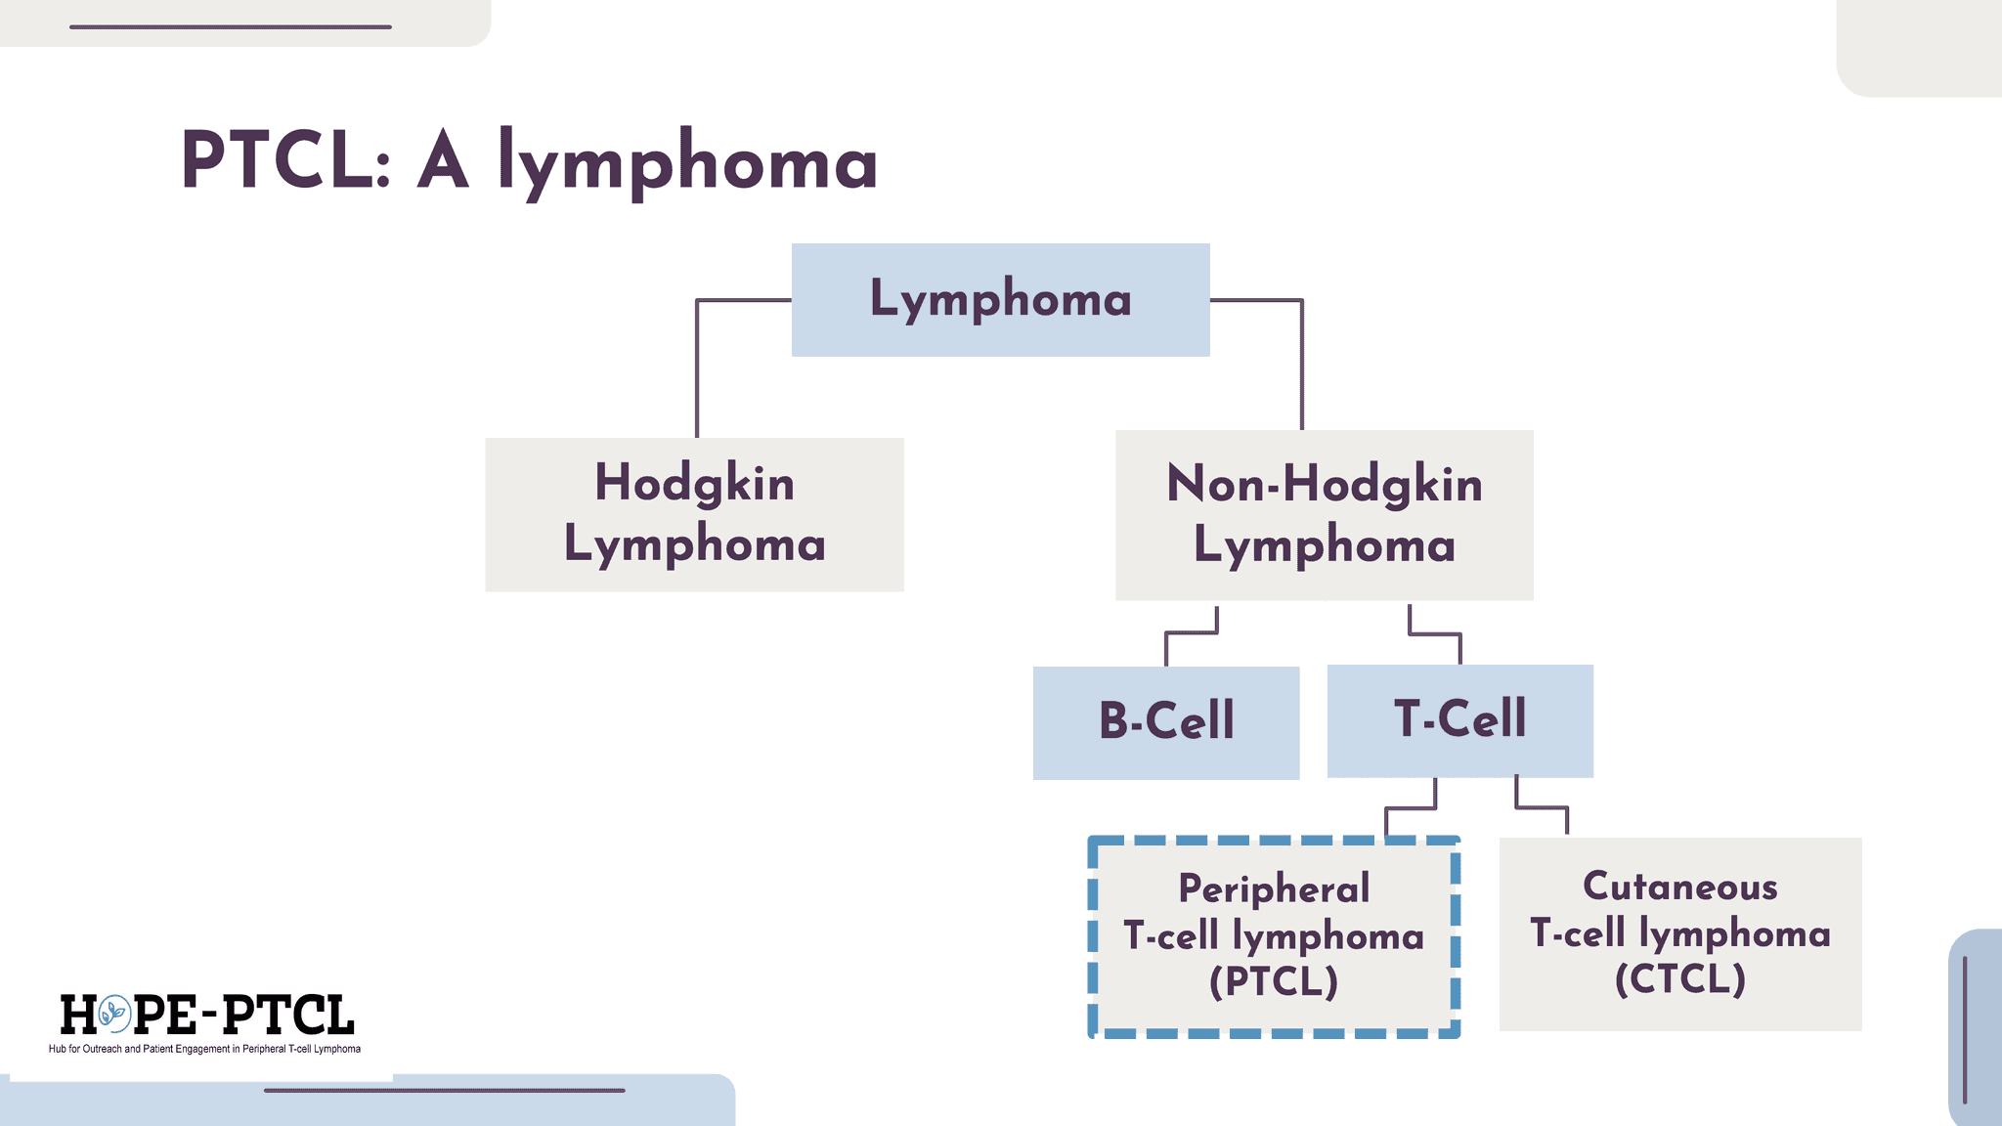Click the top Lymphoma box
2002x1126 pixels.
pos(1000,299)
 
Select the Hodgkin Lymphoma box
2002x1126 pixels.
pos(694,514)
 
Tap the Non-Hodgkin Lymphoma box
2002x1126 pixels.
pos(1325,515)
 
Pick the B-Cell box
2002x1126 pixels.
pos(1166,722)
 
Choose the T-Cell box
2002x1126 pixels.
pos(1460,720)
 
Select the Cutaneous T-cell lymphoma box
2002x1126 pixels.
pos(1680,933)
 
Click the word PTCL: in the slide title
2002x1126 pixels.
pos(286,160)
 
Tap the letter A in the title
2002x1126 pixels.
pos(443,160)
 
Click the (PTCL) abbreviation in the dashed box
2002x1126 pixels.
pos(1274,981)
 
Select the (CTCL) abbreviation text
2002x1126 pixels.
pos(1680,978)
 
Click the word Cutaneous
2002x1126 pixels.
pos(1680,887)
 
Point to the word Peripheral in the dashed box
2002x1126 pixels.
pos(1274,889)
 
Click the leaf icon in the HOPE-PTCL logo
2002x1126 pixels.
pos(114,1015)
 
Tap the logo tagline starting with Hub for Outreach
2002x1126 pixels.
pos(204,1049)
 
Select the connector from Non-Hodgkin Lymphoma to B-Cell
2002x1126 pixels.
pos(1192,634)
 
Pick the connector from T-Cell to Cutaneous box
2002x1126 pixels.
pos(1542,807)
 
